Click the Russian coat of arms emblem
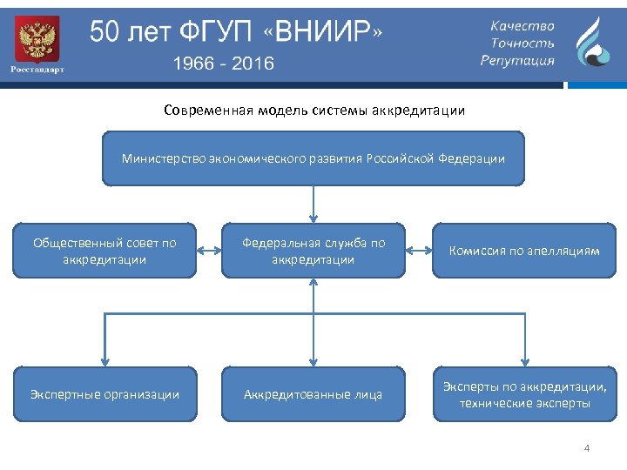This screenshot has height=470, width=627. pyautogui.click(x=37, y=38)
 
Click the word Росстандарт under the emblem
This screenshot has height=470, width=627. pyautogui.click(x=37, y=69)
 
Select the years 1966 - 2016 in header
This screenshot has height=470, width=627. pyautogui.click(x=223, y=63)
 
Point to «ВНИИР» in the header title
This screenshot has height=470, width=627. pyautogui.click(x=327, y=33)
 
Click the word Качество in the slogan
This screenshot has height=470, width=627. pyautogui.click(x=522, y=26)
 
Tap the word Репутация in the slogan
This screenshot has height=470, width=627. pyautogui.click(x=517, y=60)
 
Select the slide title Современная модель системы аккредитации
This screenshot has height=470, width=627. pyautogui.click(x=313, y=111)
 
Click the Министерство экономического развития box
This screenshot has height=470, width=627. pyautogui.click(x=313, y=158)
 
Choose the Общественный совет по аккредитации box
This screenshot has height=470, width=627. pyautogui.click(x=104, y=251)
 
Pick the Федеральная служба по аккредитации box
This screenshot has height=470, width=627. pyautogui.click(x=313, y=251)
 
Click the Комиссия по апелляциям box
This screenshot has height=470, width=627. pyautogui.click(x=524, y=251)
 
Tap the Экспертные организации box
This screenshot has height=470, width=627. pyautogui.click(x=104, y=394)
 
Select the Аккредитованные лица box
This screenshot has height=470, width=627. pyautogui.click(x=313, y=394)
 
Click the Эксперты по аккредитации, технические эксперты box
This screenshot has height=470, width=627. pyautogui.click(x=524, y=394)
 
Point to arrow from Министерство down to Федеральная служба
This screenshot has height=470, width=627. pyautogui.click(x=313, y=205)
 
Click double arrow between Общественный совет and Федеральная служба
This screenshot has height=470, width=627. pyautogui.click(x=209, y=251)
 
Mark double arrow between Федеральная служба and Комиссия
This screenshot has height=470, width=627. pyautogui.click(x=419, y=251)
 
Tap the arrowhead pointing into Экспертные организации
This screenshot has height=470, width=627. pyautogui.click(x=104, y=358)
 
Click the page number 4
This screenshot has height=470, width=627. pyautogui.click(x=587, y=448)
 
